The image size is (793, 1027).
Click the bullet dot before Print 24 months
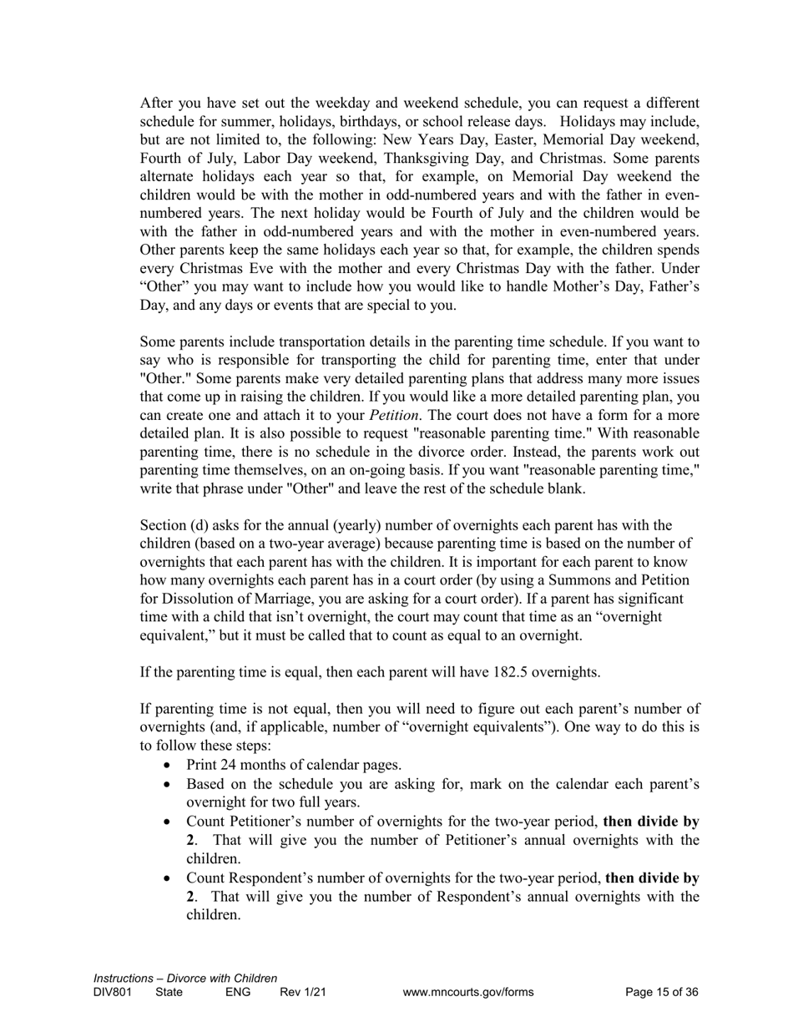coord(170,766)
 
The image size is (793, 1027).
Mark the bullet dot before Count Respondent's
coord(170,879)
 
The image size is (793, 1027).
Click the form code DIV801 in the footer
coord(113,993)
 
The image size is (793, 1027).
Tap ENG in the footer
coord(237,993)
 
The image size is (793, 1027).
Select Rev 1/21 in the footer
coord(303,993)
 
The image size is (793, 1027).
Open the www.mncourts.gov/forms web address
coord(467,993)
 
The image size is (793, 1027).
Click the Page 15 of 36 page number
coord(661,993)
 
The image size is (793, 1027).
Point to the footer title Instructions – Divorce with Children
coord(185,979)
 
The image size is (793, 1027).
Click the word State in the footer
coord(169,993)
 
